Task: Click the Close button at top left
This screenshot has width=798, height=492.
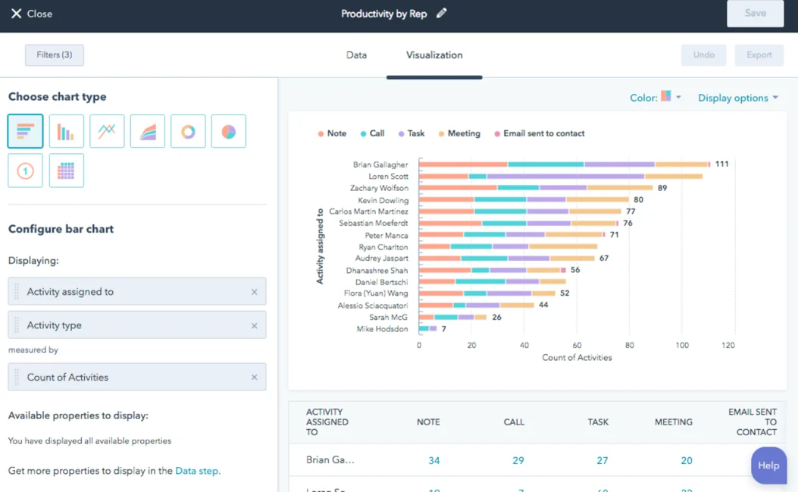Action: [x=31, y=14]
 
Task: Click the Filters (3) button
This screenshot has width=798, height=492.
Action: [x=55, y=55]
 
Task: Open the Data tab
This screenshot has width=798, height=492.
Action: [x=356, y=55]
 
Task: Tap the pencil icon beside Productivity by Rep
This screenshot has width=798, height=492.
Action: [x=442, y=14]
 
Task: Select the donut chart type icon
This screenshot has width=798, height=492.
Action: [x=188, y=132]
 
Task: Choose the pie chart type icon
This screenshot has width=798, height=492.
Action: [x=228, y=132]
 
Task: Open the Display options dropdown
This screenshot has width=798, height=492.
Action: [x=737, y=98]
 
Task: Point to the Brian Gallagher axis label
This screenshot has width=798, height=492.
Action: [x=380, y=165]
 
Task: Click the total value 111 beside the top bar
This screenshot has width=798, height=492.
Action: [x=721, y=164]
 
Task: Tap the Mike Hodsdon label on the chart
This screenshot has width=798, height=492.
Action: [x=382, y=329]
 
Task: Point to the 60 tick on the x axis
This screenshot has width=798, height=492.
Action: [x=577, y=345]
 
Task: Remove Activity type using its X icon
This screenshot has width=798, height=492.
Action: [x=254, y=325]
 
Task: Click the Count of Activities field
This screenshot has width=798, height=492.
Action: [x=136, y=377]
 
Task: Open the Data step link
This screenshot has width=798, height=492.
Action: [x=196, y=471]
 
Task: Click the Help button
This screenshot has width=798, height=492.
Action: [x=768, y=465]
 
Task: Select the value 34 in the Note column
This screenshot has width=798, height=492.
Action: [x=433, y=460]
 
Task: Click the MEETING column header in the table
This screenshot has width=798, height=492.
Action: [x=673, y=422]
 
